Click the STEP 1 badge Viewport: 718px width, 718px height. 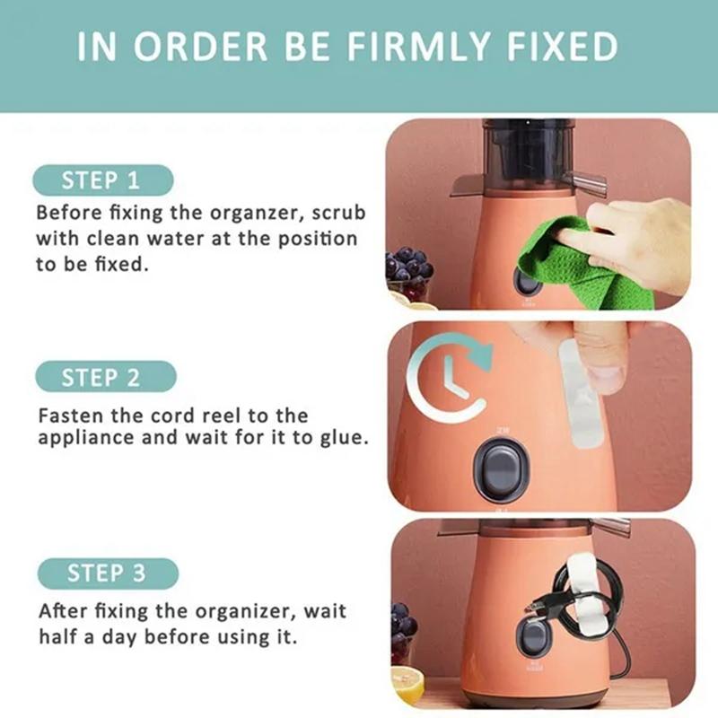tap(101, 180)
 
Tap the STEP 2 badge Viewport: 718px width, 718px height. tap(101, 377)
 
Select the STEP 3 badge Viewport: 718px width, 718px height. tap(107, 573)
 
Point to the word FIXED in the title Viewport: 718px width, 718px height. tap(566, 47)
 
